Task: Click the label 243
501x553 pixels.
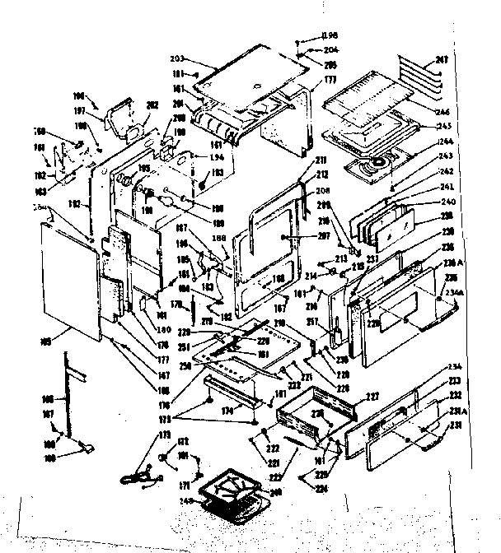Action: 446,157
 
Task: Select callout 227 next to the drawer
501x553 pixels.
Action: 372,397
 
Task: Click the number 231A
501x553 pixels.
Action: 456,411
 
